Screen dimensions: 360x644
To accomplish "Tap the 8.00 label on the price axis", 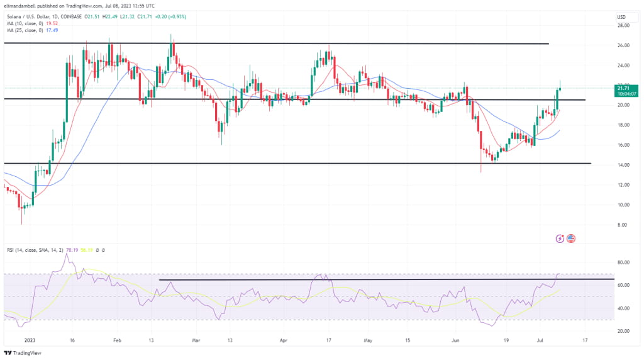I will click(x=622, y=225).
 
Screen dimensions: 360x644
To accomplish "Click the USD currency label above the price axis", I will click(x=621, y=16).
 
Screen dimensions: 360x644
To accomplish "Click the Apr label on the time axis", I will click(x=284, y=340).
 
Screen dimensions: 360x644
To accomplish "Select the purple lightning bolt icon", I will click(x=560, y=238).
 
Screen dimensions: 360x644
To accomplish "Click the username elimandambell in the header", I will click(x=22, y=5).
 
